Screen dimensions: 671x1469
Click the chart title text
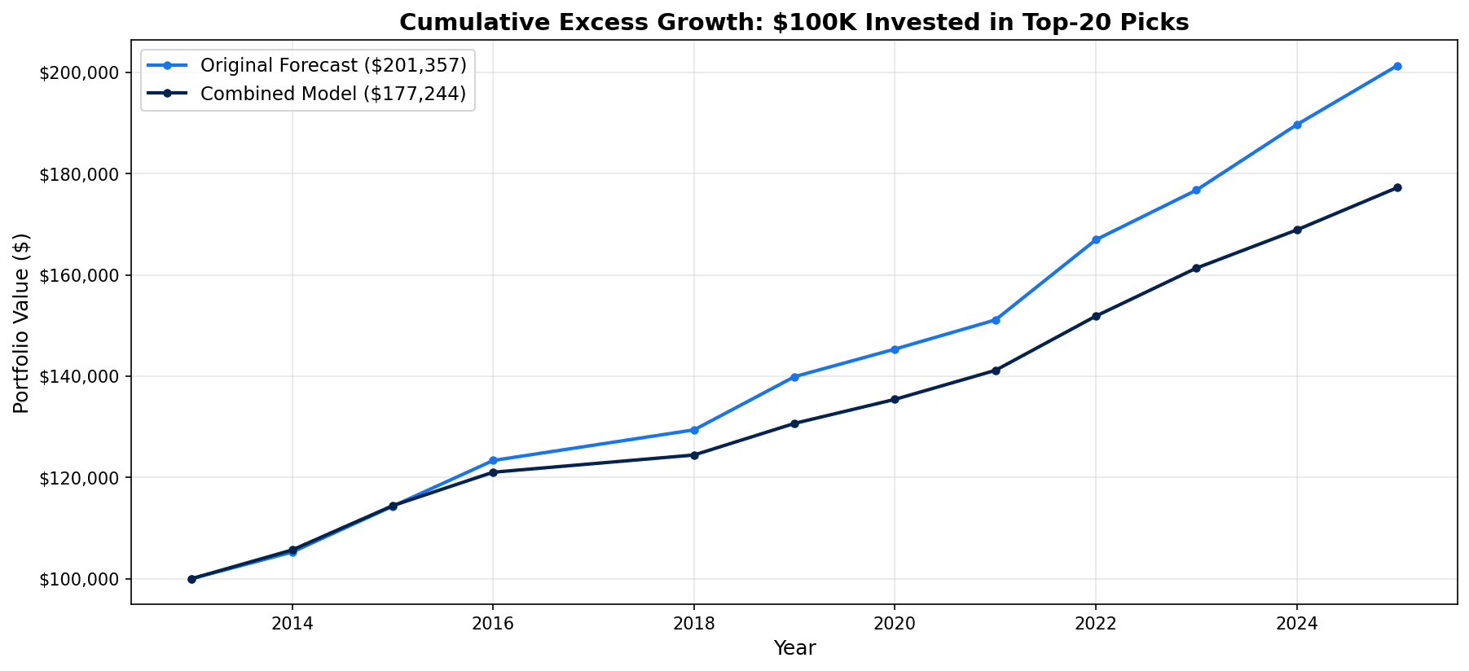[794, 22]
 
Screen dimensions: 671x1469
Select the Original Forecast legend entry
[332, 64]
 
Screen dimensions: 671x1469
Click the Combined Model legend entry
[332, 94]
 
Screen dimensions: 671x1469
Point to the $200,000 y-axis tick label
[78, 73]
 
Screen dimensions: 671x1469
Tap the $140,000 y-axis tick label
[78, 377]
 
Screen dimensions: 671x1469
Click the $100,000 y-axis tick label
[78, 580]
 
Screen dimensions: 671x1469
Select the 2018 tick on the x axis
[693, 624]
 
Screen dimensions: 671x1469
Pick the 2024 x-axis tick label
[1297, 624]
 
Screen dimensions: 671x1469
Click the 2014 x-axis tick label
[292, 624]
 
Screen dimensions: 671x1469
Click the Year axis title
[794, 648]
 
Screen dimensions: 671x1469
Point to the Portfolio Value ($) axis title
[22, 323]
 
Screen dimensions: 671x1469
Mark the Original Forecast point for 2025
[1397, 66]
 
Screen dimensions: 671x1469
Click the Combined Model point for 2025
[1397, 188]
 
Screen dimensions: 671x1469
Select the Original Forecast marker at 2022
[1096, 240]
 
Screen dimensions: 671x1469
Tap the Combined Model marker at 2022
[1096, 316]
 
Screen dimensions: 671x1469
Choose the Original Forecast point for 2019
[794, 377]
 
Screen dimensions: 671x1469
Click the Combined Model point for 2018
[694, 455]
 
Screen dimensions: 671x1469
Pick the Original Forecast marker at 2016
[493, 461]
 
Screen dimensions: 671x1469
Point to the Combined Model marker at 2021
[996, 371]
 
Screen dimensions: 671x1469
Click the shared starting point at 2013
[191, 579]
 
